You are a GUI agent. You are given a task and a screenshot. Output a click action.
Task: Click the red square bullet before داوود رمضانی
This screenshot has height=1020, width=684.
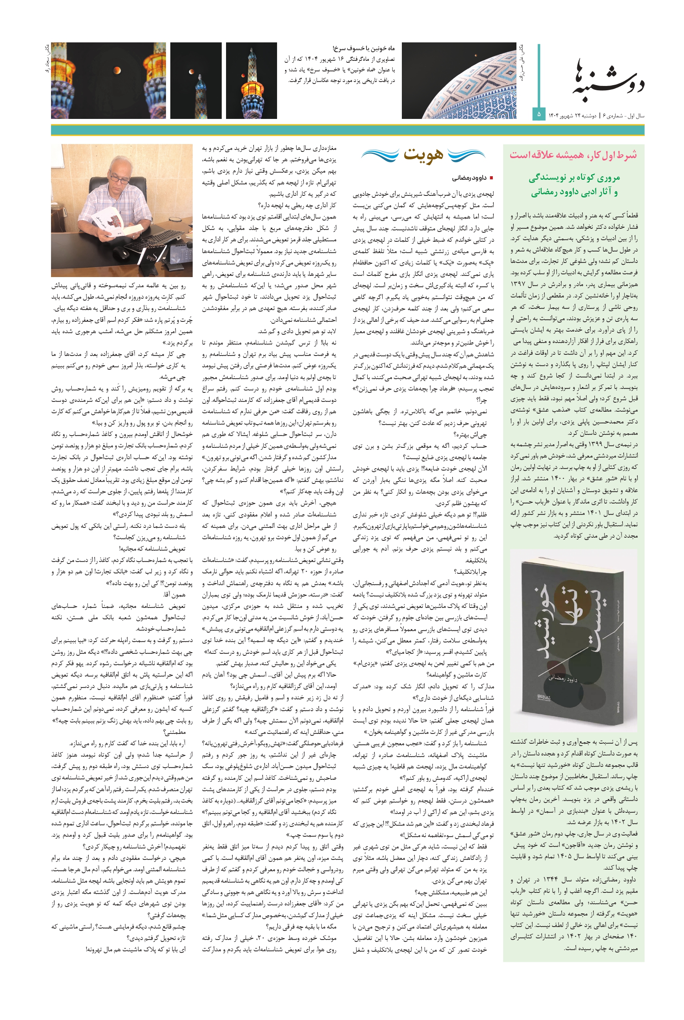coord(491,178)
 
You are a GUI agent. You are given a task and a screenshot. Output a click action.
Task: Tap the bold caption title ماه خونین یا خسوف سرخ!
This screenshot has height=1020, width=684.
coord(363,48)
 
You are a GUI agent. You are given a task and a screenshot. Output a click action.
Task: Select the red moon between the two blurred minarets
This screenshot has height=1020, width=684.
coord(117,70)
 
